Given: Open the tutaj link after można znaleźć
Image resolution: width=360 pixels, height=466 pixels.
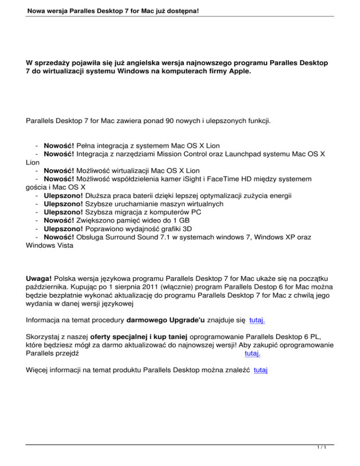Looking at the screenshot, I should [x=260, y=370].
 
